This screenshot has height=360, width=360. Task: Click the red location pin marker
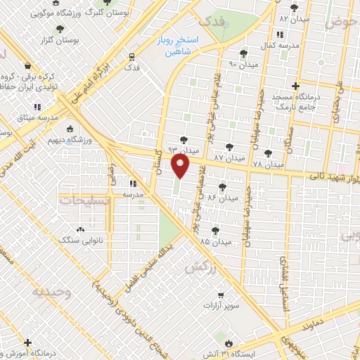tap(181, 166)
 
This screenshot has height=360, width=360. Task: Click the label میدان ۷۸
tap(267, 164)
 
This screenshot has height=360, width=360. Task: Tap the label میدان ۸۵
tap(214, 241)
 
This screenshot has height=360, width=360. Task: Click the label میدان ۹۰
tap(243, 65)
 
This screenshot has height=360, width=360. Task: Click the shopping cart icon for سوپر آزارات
tap(220, 295)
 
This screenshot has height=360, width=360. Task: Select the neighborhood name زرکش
tap(198, 268)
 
